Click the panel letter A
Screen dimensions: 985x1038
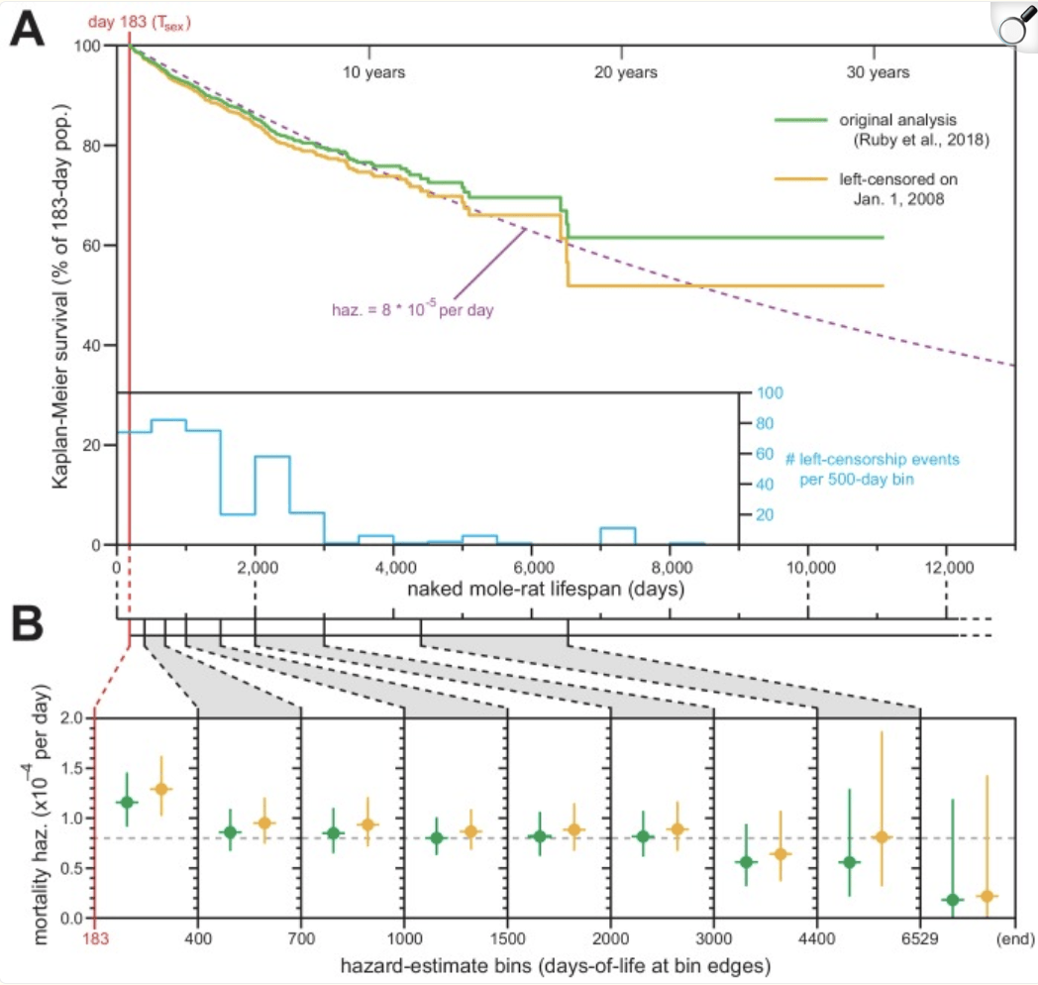click(x=31, y=32)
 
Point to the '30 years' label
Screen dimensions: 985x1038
click(x=878, y=72)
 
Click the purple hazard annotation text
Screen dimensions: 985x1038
click(x=412, y=309)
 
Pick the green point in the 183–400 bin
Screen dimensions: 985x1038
click(x=126, y=802)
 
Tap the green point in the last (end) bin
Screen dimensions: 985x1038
click(x=953, y=900)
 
